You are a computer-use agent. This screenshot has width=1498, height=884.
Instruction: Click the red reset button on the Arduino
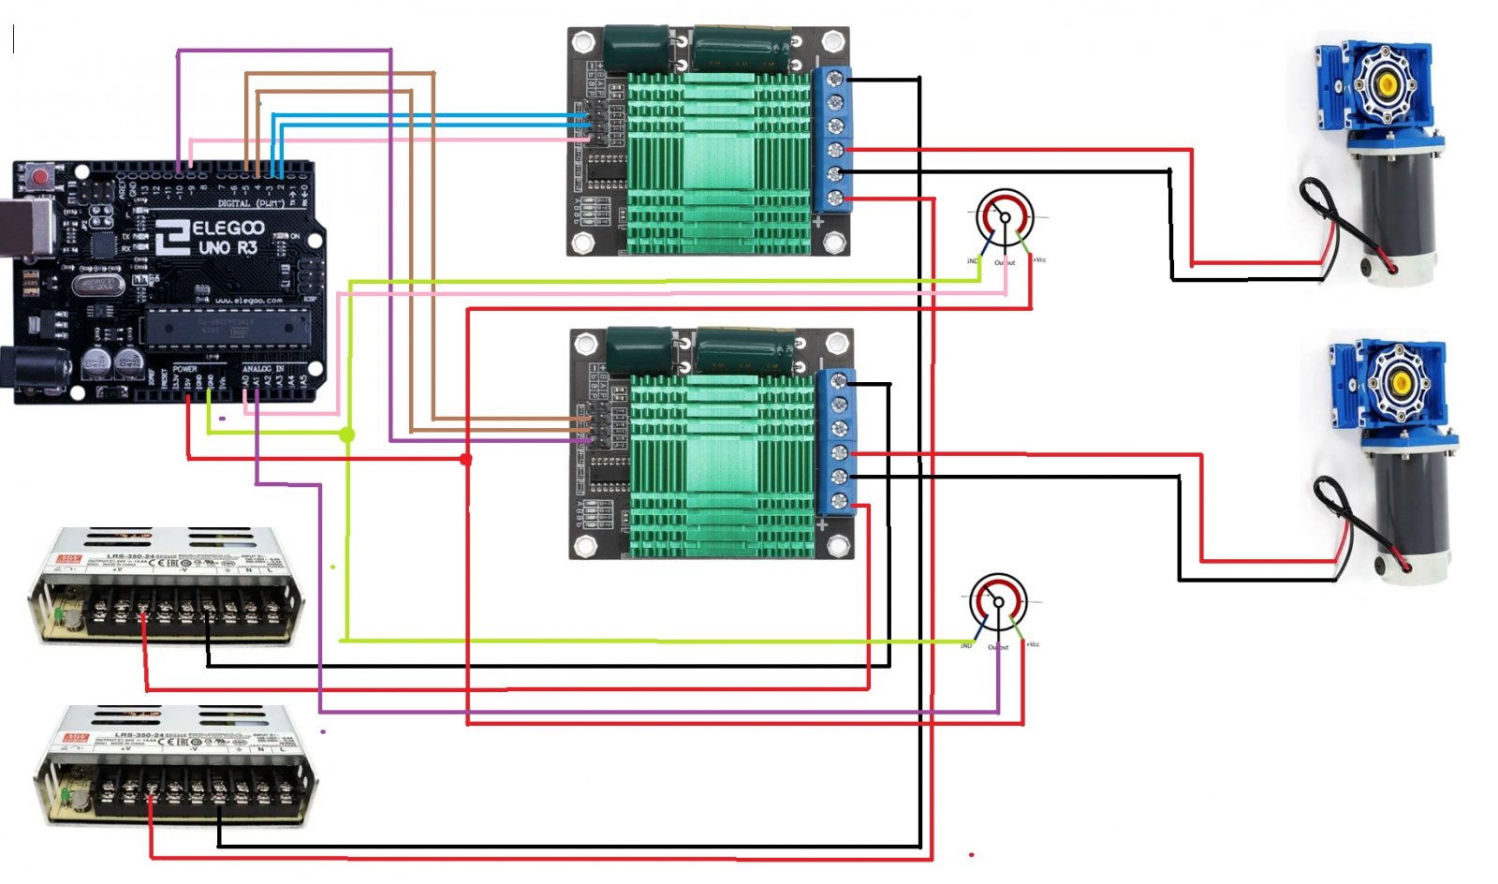coord(40,176)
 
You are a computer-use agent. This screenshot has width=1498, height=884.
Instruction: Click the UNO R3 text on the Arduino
coord(227,248)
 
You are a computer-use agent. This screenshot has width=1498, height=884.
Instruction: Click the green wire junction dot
coord(347,435)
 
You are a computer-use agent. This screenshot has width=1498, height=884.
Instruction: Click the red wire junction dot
coord(466,459)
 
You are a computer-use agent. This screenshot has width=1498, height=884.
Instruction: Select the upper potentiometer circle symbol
coord(1005,217)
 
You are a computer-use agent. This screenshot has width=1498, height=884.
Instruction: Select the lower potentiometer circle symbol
coord(998,602)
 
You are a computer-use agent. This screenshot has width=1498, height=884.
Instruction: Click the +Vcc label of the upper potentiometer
coord(1039,259)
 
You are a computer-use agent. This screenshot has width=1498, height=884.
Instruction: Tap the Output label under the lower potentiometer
coord(998,647)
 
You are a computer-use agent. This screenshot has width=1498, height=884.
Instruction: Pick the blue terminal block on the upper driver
coord(832,139)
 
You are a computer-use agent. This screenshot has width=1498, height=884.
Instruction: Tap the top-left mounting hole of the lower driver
coord(586,346)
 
